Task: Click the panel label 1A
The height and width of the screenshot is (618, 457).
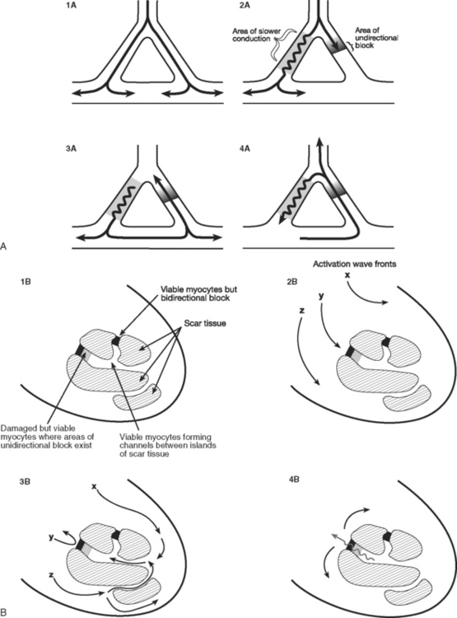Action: [x=72, y=7]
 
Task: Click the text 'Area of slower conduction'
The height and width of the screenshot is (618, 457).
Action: [x=251, y=35]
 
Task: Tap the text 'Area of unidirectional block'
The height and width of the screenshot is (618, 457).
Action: [x=376, y=38]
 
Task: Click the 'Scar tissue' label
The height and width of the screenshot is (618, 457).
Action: [x=205, y=323]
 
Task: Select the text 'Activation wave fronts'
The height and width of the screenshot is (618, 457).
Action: [x=355, y=264]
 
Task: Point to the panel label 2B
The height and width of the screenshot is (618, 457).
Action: [x=292, y=282]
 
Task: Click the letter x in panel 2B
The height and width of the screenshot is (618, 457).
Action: [x=347, y=275]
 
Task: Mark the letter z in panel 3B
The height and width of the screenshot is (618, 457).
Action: [x=51, y=574]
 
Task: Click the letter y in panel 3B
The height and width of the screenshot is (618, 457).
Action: [x=51, y=537]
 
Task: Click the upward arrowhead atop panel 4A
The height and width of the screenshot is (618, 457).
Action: [x=319, y=141]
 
